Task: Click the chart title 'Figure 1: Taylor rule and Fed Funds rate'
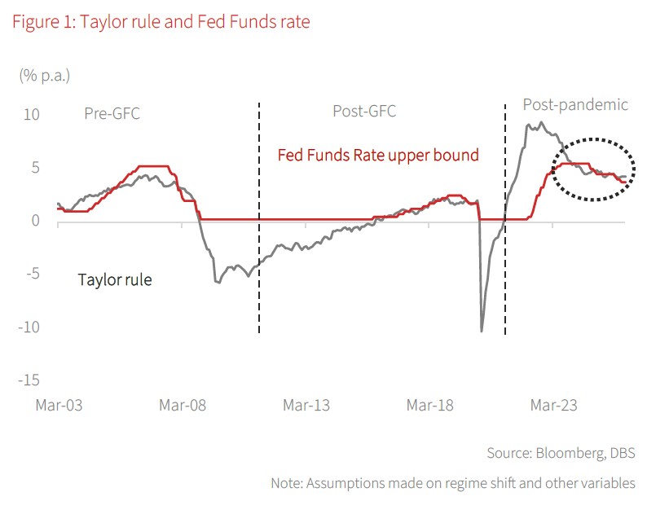[161, 22]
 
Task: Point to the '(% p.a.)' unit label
[45, 76]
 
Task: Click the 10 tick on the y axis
[31, 114]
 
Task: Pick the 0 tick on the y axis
[34, 221]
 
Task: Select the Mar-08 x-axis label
[182, 405]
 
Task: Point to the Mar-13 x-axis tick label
[306, 405]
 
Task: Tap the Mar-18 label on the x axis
[430, 405]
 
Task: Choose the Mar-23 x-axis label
[554, 405]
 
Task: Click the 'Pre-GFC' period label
[112, 114]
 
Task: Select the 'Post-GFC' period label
[364, 112]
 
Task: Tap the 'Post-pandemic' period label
[575, 105]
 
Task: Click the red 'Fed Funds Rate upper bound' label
[378, 155]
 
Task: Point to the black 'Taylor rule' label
[115, 280]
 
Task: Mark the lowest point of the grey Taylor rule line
[482, 331]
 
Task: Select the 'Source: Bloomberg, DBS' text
[561, 453]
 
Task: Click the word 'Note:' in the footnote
[287, 483]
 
